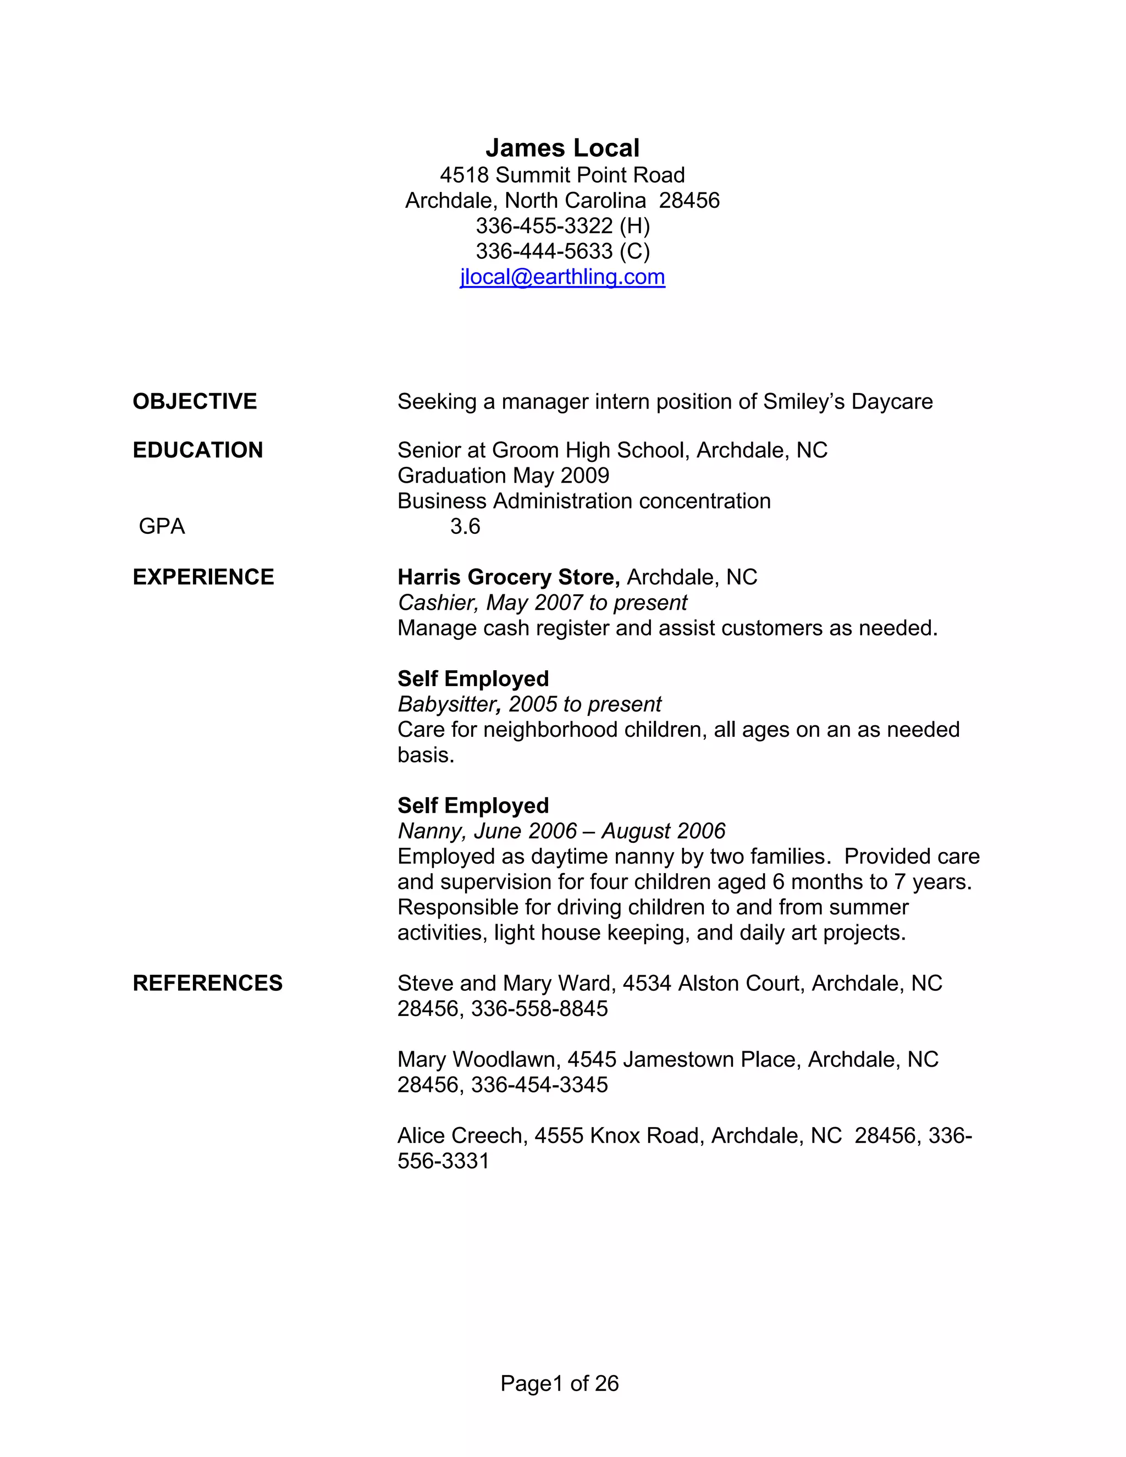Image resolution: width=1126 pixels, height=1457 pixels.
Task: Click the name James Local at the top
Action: pyautogui.click(x=562, y=148)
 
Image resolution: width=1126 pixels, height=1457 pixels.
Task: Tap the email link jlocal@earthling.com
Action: pyautogui.click(x=562, y=277)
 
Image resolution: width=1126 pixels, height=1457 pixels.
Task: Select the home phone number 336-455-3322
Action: pyautogui.click(x=544, y=226)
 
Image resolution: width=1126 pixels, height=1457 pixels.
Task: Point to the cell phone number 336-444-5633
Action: pyautogui.click(x=544, y=251)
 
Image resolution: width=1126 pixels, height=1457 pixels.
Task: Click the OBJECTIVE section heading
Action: pyautogui.click(x=195, y=401)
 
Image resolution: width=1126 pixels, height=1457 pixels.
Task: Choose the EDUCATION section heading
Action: pyautogui.click(x=198, y=450)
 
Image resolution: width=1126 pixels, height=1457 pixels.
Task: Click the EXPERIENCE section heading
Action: pyautogui.click(x=203, y=577)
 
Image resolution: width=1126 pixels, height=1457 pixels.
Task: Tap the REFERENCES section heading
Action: pyautogui.click(x=207, y=984)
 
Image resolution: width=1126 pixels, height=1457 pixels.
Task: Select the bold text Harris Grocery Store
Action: pyautogui.click(x=509, y=577)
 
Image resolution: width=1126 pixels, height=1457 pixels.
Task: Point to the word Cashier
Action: pyautogui.click(x=438, y=603)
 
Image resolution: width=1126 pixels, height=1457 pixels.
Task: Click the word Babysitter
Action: pyautogui.click(x=450, y=704)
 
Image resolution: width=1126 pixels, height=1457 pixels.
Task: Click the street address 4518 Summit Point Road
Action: pyautogui.click(x=562, y=175)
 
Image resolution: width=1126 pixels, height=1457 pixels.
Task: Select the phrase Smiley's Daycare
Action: pyautogui.click(x=848, y=401)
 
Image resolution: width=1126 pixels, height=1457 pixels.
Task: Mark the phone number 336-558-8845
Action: pyautogui.click(x=540, y=1009)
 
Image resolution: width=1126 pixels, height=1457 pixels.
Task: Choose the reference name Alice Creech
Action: pyautogui.click(x=460, y=1135)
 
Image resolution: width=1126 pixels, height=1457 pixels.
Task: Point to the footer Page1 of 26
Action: pyautogui.click(x=560, y=1384)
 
